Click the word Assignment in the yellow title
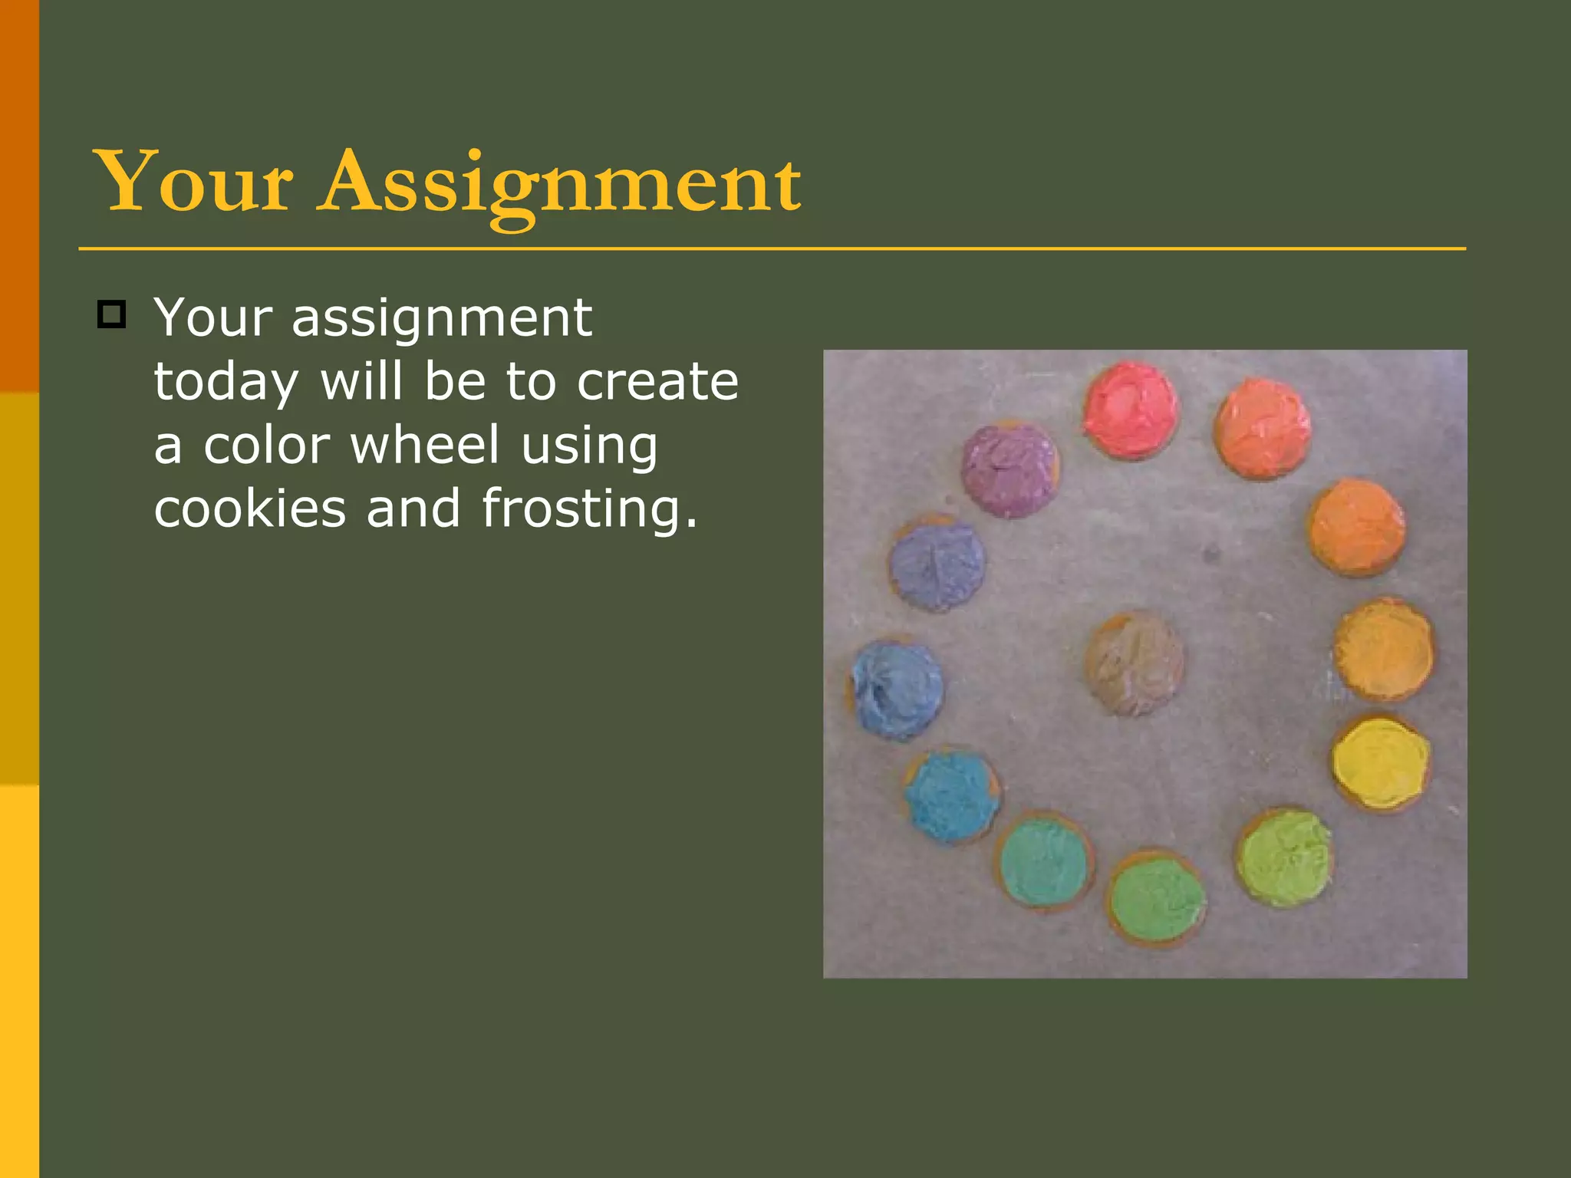click(x=560, y=184)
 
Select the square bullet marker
click(x=111, y=314)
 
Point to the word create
click(x=657, y=381)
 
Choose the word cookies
click(x=250, y=508)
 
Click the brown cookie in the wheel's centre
click(x=1134, y=663)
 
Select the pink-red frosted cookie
click(x=1131, y=410)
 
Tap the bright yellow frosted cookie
click(x=1381, y=762)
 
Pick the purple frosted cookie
click(x=1010, y=470)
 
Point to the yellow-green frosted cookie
click(x=1284, y=857)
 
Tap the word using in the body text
click(x=589, y=446)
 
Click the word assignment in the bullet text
click(x=441, y=318)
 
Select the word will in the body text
click(x=361, y=381)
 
